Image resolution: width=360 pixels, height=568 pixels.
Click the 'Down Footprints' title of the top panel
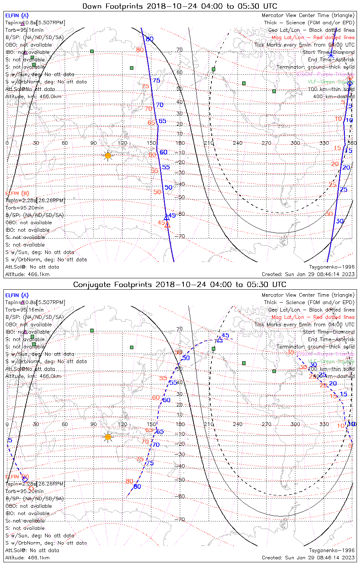point(180,6)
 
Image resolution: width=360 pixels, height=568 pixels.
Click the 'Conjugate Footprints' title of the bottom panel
point(180,285)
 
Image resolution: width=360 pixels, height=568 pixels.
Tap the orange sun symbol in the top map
point(108,155)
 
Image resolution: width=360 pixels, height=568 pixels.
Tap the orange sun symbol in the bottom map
point(108,437)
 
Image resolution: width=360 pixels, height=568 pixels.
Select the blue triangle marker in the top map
point(166,217)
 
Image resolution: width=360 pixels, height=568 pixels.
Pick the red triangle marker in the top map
point(167,225)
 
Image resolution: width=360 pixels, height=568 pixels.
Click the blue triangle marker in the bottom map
point(220,339)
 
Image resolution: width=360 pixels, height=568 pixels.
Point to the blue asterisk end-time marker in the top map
point(331,55)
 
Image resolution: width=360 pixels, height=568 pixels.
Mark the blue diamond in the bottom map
point(25,479)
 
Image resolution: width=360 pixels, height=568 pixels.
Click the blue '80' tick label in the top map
point(150,39)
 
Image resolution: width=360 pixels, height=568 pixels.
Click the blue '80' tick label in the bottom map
point(137,487)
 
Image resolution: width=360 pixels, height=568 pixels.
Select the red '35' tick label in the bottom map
point(291,352)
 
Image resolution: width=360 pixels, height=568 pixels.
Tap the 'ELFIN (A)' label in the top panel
point(17,16)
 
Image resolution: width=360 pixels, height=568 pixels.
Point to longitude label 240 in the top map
point(238,143)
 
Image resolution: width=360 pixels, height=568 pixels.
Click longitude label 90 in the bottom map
point(93,424)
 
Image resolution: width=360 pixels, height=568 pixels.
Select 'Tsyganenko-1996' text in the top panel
point(332,267)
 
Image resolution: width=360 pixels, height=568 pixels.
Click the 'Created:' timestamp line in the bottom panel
point(308,558)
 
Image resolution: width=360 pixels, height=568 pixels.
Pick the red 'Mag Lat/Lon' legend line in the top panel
point(313,37)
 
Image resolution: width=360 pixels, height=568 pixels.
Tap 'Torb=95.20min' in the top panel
point(24,208)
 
